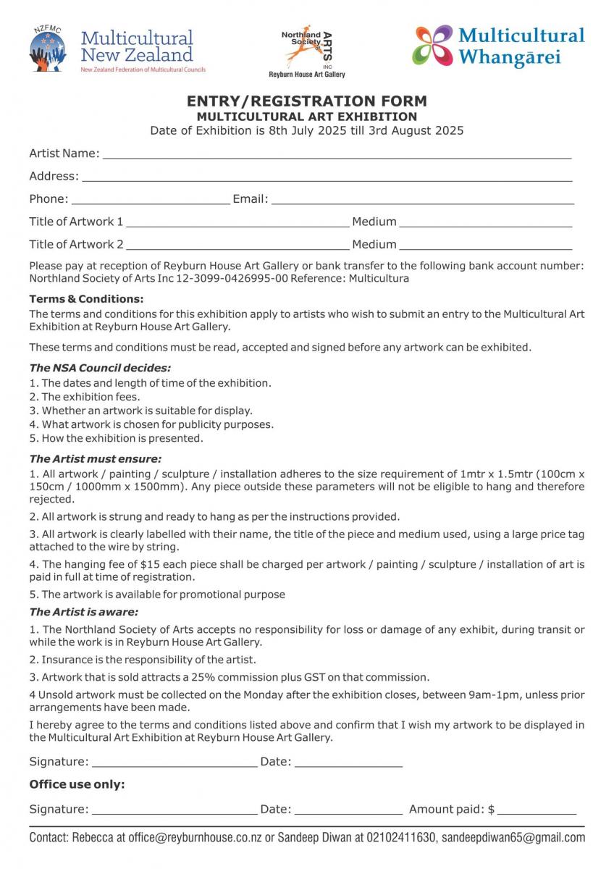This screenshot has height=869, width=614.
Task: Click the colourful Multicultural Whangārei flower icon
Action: (432, 45)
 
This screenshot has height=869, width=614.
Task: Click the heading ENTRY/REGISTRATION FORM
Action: (307, 101)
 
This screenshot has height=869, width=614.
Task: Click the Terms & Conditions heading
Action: (86, 299)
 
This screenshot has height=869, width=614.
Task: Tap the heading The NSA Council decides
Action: (100, 368)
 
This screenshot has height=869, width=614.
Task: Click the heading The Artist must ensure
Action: (95, 458)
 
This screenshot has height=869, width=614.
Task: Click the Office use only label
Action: (77, 784)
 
